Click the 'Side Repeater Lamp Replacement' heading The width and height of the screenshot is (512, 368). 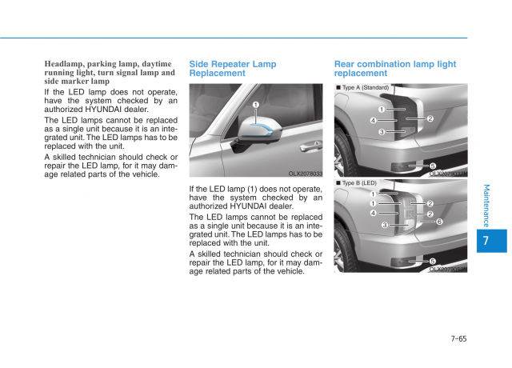tap(233, 68)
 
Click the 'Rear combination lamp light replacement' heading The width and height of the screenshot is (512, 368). tap(395, 68)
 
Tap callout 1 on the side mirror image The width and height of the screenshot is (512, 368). tap(256, 105)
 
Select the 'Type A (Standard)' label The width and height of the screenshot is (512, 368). tap(365, 87)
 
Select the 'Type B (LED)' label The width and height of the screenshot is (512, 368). tap(358, 183)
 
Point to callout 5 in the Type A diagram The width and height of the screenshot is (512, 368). tap(433, 166)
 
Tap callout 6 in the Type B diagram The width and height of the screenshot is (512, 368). tap(439, 222)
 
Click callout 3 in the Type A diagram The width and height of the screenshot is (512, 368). tap(382, 132)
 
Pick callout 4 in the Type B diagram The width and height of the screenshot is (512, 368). tap(373, 214)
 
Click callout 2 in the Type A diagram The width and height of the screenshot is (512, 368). tap(430, 119)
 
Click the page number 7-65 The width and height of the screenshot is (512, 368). tap(458, 338)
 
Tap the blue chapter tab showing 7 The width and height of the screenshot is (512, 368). tap(488, 241)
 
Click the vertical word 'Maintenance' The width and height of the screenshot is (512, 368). tap(487, 205)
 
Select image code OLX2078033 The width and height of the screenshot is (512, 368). tap(305, 174)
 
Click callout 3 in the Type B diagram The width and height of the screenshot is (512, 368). tap(385, 226)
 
